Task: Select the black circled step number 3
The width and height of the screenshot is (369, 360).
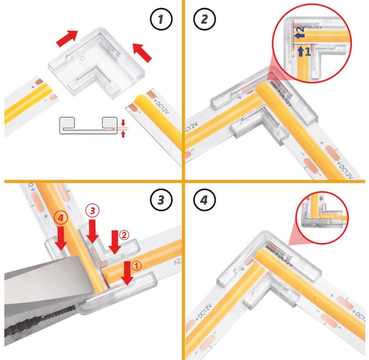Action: coord(160,200)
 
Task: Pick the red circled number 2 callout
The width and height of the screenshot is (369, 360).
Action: coord(124,235)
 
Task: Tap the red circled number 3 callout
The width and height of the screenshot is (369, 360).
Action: coord(93,210)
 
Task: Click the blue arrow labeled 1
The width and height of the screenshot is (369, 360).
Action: coord(301,52)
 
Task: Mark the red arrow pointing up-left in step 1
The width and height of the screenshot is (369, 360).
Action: coord(142,52)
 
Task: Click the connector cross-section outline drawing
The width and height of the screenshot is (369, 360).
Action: coord(89,126)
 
